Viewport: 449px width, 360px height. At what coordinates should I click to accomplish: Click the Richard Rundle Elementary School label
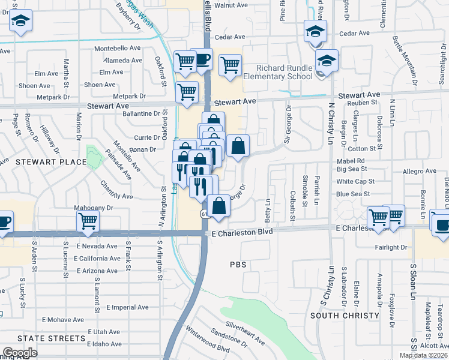[285, 72]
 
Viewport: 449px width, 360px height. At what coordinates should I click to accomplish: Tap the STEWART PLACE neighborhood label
[43, 161]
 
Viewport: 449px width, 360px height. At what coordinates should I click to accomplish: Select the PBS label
[238, 264]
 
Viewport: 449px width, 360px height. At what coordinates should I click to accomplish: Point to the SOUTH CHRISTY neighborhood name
[345, 315]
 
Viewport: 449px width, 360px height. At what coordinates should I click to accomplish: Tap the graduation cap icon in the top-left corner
[20, 22]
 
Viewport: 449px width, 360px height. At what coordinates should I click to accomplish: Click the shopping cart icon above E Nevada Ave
[88, 221]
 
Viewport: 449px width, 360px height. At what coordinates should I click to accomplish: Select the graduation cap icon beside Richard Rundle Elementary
[327, 61]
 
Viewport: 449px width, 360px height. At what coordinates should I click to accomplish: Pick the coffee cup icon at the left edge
[4, 220]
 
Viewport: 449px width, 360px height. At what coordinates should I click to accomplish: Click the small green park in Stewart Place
[93, 157]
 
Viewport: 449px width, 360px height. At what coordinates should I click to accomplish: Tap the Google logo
[19, 352]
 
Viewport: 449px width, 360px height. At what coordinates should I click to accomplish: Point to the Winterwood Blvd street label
[208, 347]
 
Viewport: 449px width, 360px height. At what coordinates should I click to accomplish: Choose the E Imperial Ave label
[127, 307]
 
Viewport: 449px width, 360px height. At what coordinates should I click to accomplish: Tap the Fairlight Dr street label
[391, 247]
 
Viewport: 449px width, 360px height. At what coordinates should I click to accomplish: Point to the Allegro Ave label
[419, 171]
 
